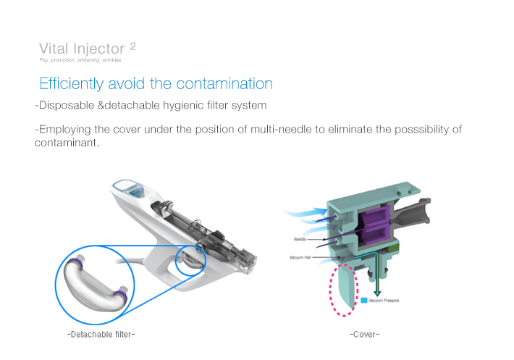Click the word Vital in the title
pos(54,49)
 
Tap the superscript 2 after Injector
pos(132,46)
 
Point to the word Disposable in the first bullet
pos(67,106)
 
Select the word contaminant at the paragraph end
pos(64,142)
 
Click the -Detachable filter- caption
pos(101,334)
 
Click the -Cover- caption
pos(364,334)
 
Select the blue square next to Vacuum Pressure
pos(363,300)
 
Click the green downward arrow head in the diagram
pos(376,293)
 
